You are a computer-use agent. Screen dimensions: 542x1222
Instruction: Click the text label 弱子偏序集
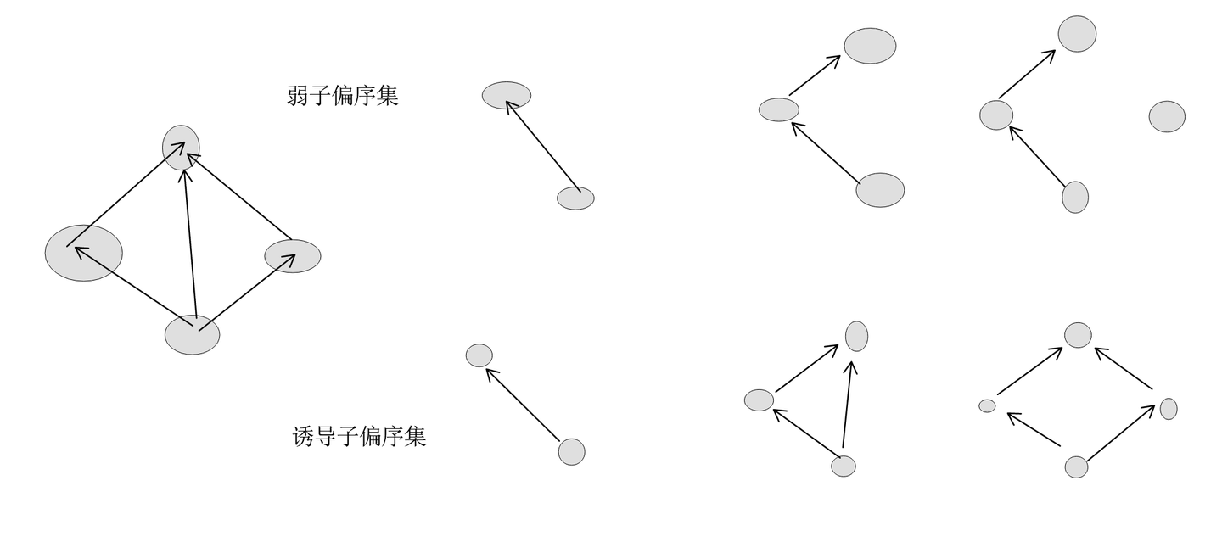pyautogui.click(x=342, y=95)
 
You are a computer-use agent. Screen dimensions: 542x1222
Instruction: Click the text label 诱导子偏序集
pyautogui.click(x=359, y=436)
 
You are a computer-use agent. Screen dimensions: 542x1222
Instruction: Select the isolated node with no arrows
pyautogui.click(x=1167, y=117)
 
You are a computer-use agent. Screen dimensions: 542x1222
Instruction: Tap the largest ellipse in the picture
pyautogui.click(x=83, y=253)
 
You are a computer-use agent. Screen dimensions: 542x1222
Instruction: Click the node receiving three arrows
pyautogui.click(x=181, y=148)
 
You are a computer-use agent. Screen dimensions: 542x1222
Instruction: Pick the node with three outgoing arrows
pyautogui.click(x=192, y=335)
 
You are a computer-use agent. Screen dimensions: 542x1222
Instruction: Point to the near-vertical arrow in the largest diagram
pyautogui.click(x=191, y=242)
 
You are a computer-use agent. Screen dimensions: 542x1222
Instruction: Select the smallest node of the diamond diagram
pyautogui.click(x=987, y=406)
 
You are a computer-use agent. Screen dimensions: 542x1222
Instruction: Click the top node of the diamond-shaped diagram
pyautogui.click(x=1078, y=335)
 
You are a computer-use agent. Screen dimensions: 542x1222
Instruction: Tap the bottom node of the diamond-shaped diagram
pyautogui.click(x=1076, y=467)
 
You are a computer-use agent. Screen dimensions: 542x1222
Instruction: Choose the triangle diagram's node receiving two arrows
pyautogui.click(x=856, y=336)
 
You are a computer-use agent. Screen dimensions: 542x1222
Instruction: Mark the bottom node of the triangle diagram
pyautogui.click(x=844, y=466)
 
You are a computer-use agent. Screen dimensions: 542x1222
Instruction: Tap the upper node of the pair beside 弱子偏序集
pyautogui.click(x=507, y=96)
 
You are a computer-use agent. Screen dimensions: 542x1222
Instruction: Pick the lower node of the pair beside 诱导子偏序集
pyautogui.click(x=571, y=451)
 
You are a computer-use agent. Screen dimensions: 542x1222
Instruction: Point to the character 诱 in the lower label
pyautogui.click(x=304, y=436)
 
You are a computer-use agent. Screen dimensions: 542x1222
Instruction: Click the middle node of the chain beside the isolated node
pyautogui.click(x=996, y=115)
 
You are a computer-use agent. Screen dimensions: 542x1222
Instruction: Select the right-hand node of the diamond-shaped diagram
pyautogui.click(x=1169, y=409)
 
